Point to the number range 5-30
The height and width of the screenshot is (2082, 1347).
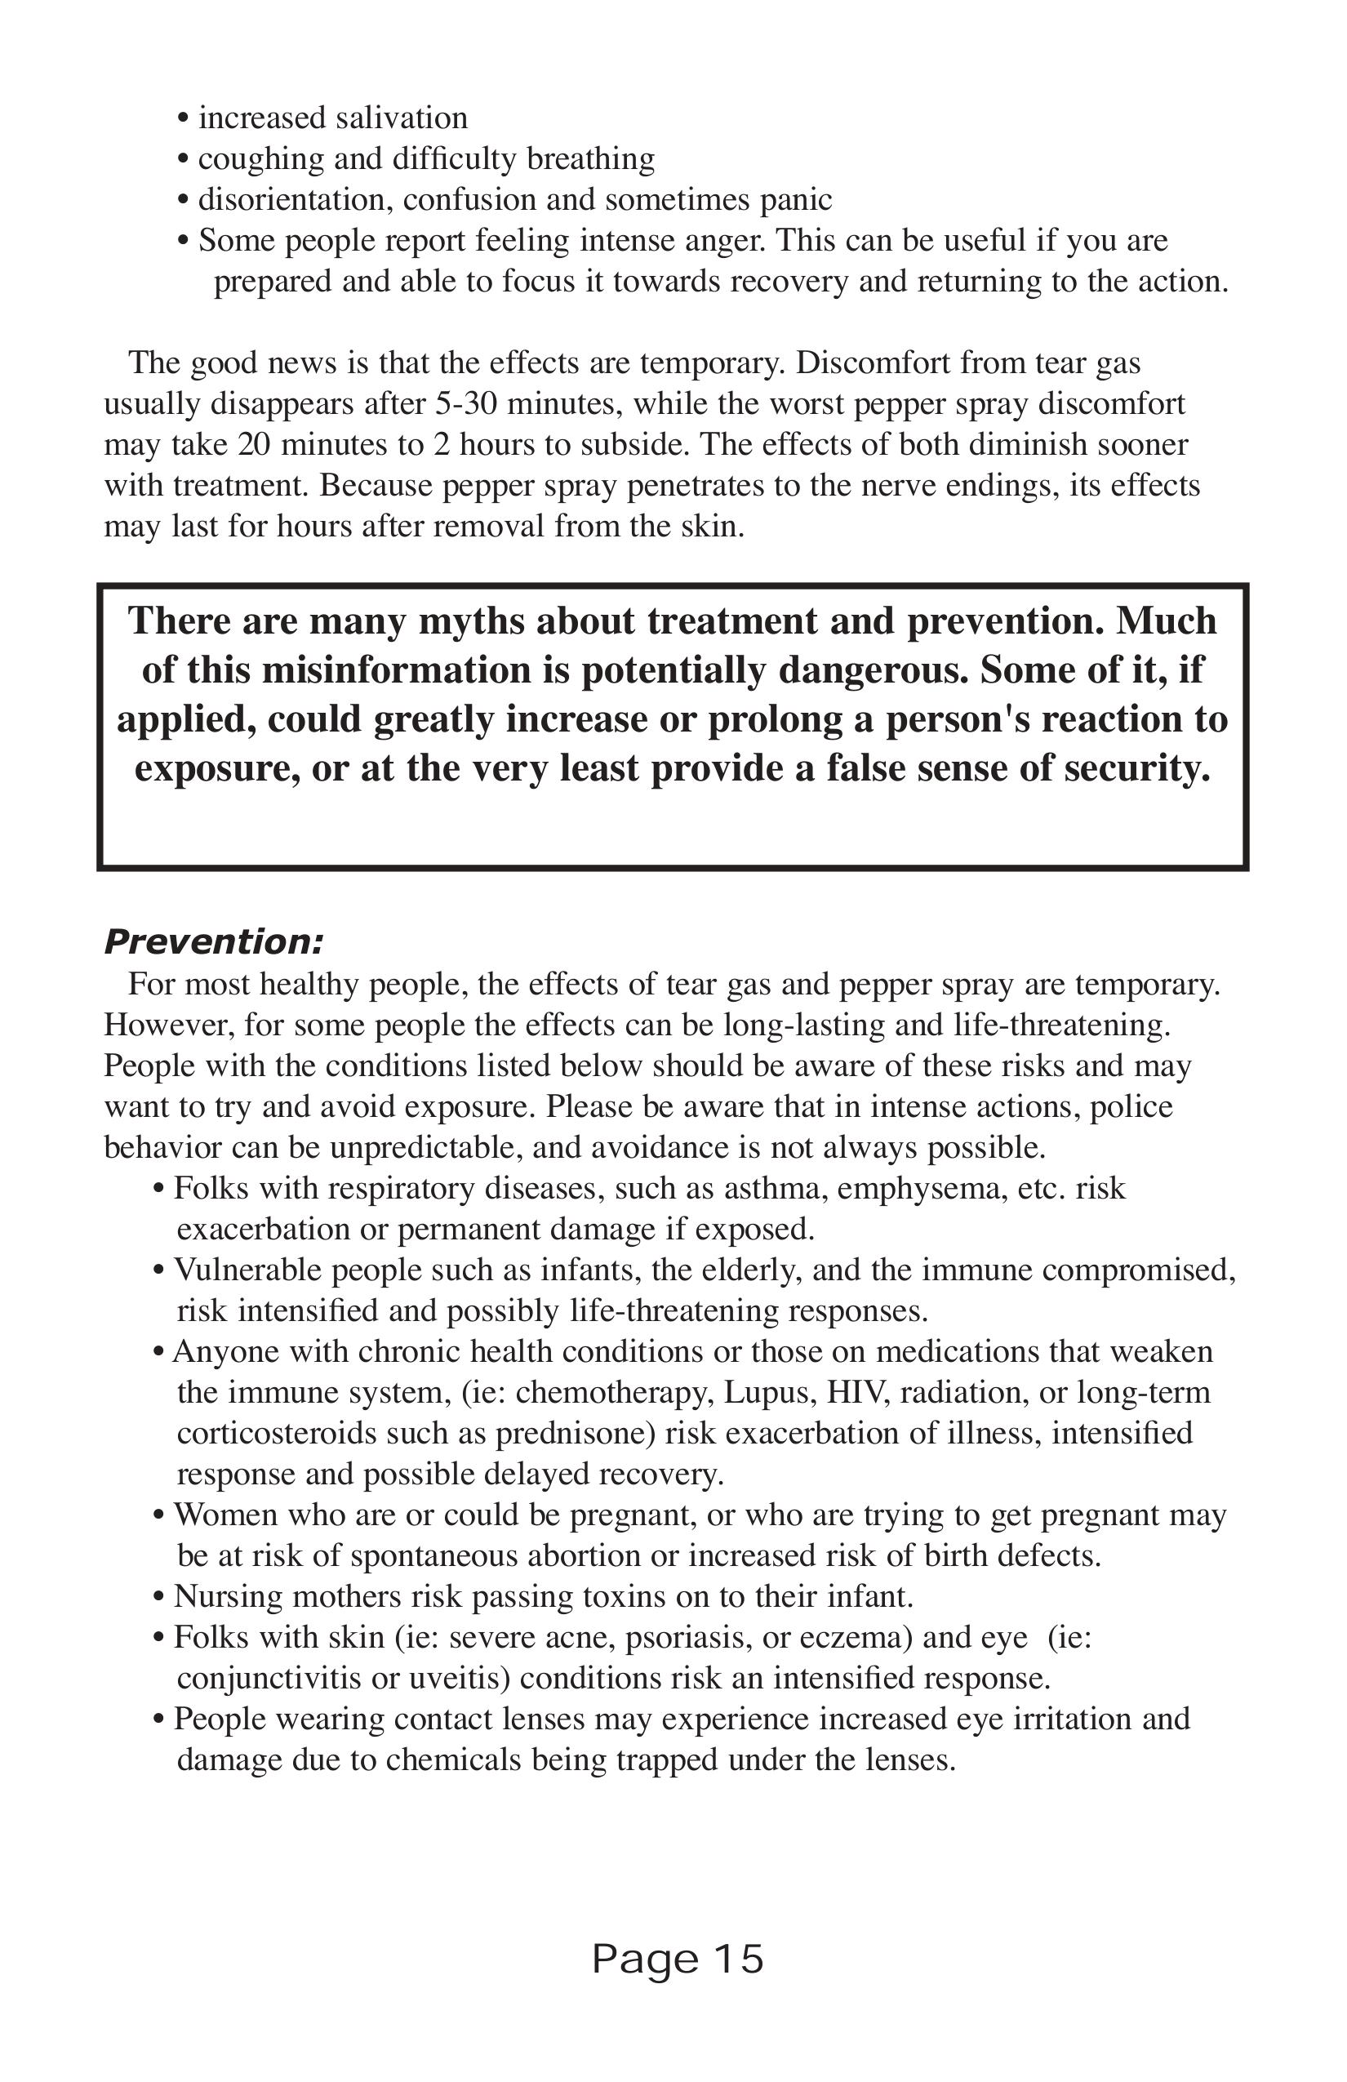coord(466,403)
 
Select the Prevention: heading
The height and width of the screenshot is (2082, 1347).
coord(213,942)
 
